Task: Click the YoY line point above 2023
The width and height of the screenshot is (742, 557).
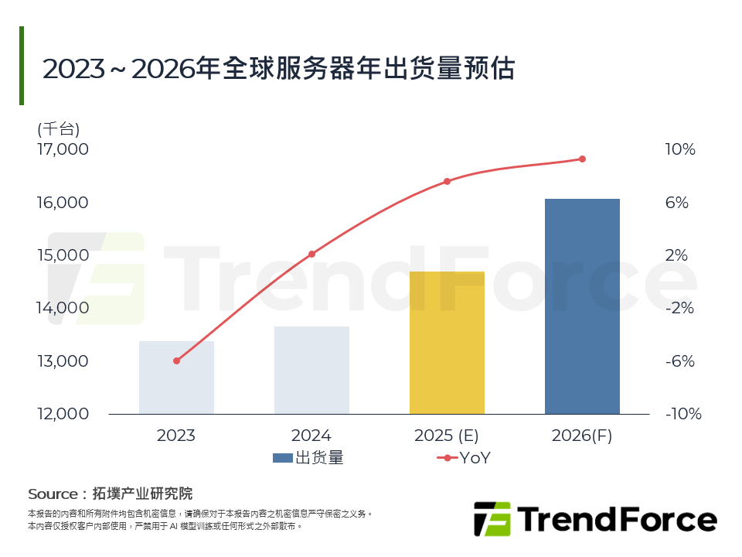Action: (176, 361)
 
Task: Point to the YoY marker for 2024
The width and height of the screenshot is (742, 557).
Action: (311, 254)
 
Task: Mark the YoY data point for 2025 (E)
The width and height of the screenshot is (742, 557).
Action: (447, 181)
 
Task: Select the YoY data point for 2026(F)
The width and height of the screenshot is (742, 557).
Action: (582, 159)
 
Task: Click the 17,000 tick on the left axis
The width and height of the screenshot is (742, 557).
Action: (63, 149)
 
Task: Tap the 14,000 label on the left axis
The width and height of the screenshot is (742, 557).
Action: (63, 308)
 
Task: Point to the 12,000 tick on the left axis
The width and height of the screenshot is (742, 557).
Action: (63, 414)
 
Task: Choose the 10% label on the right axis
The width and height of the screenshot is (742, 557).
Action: (679, 149)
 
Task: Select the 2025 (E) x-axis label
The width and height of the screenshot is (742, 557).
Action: (447, 436)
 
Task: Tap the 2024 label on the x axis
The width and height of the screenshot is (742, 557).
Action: (311, 436)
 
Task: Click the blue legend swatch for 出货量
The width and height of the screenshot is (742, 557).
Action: (282, 457)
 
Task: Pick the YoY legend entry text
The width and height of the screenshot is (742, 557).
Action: (475, 458)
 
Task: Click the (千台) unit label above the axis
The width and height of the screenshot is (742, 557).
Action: (58, 128)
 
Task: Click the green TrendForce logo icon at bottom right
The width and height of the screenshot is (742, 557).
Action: (492, 519)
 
